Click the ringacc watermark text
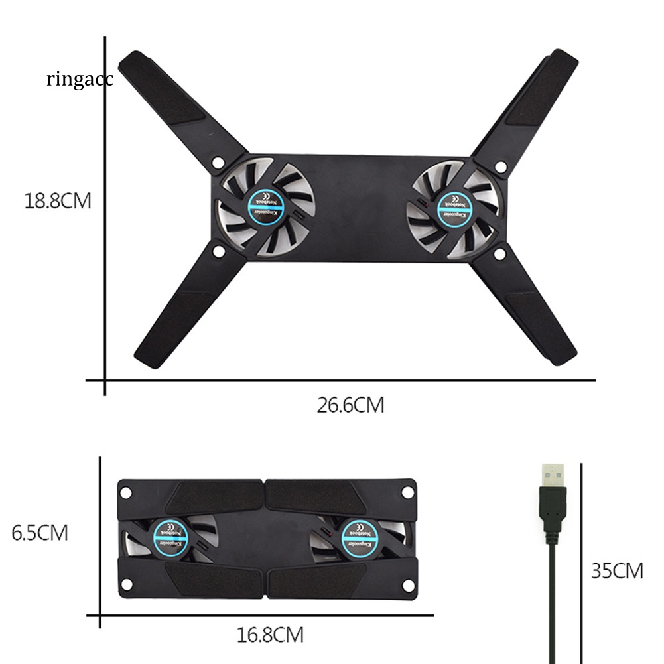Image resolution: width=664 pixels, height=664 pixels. [80, 80]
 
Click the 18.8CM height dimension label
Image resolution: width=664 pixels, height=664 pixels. [58, 201]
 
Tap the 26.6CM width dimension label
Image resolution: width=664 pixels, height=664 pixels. [350, 405]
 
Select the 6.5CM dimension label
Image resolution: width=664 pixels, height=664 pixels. [40, 533]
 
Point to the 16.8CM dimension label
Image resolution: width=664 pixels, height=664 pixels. [270, 635]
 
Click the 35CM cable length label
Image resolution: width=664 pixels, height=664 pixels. [617, 570]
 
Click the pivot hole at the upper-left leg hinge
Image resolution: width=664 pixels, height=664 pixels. [217, 161]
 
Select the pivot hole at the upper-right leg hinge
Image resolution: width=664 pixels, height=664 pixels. [501, 166]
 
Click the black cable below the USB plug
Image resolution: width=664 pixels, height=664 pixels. [551, 597]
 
